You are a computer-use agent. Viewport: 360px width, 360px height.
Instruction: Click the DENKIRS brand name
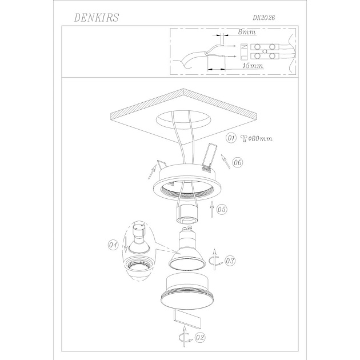(96, 18)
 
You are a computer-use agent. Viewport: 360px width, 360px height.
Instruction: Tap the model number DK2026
(264, 18)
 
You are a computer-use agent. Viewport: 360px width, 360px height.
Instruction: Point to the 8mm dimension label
(247, 31)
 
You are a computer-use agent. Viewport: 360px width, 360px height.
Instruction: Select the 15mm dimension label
(253, 66)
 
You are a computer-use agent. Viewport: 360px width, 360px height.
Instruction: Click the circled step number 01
(231, 138)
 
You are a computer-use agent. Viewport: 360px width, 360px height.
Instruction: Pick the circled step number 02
(200, 338)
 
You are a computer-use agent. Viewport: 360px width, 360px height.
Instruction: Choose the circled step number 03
(230, 261)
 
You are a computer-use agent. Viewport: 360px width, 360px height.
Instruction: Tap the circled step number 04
(113, 245)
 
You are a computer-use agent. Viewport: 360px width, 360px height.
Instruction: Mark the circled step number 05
(222, 209)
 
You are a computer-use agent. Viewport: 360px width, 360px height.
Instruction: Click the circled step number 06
(238, 162)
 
